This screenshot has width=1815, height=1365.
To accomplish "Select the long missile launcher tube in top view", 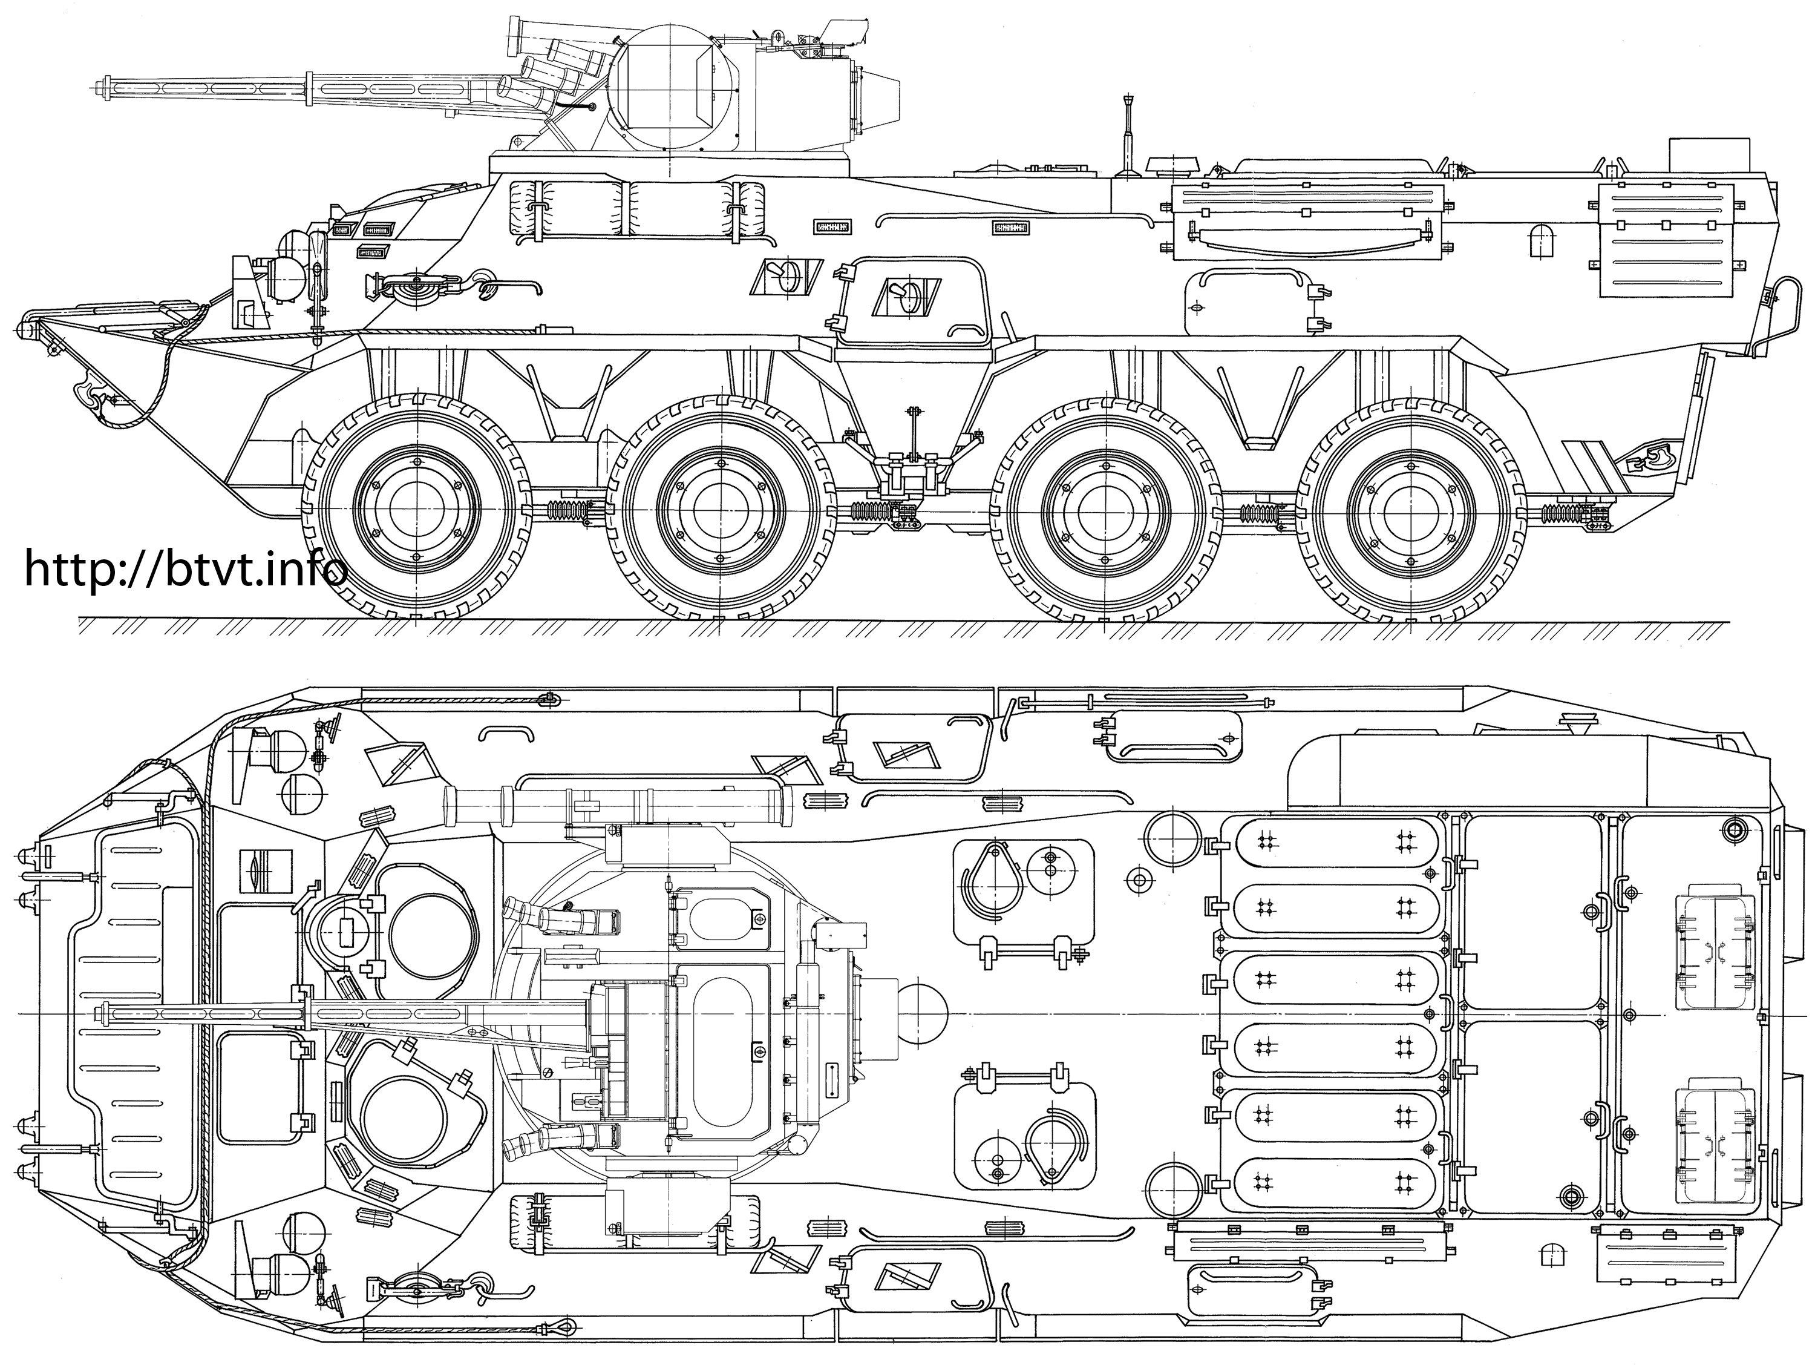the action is pyautogui.click(x=615, y=804).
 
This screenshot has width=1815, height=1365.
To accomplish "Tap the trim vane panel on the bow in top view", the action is pyautogui.click(x=136, y=1013).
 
